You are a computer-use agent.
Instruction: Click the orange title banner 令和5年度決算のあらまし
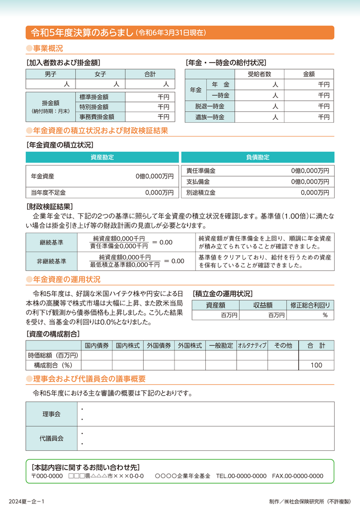(180, 33)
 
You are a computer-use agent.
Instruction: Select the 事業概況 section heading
(47, 49)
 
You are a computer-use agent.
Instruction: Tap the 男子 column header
(50, 74)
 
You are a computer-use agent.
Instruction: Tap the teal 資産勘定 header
(102, 157)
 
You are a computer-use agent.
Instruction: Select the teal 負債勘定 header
(258, 157)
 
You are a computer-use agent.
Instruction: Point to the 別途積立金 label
(201, 192)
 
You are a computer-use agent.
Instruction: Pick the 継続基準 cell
(51, 242)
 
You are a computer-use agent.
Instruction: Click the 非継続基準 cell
(51, 261)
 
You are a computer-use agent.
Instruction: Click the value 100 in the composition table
(316, 365)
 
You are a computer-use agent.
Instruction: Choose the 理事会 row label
(51, 414)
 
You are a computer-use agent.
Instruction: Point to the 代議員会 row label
(51, 438)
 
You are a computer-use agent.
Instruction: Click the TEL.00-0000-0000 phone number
(241, 476)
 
